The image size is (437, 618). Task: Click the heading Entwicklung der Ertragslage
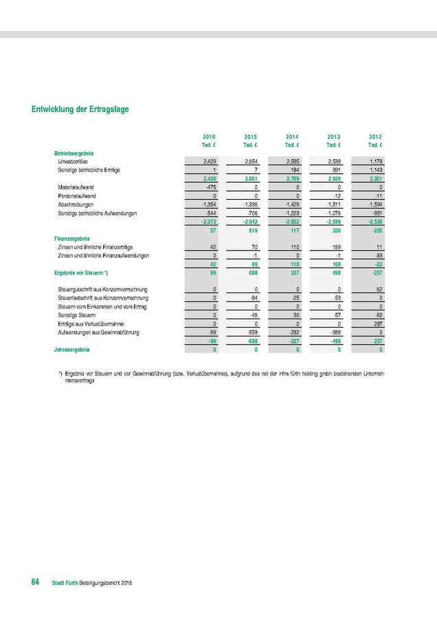[x=80, y=109]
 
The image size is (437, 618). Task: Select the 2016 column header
[x=210, y=137]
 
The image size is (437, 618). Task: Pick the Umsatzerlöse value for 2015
[x=249, y=160]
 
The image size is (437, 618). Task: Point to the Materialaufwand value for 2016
[x=211, y=187]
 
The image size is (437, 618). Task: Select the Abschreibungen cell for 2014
[x=293, y=205]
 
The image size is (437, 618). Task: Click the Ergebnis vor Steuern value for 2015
[x=251, y=273]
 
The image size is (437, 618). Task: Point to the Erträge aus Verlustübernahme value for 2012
[x=376, y=323]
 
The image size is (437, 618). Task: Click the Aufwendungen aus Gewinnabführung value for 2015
[x=251, y=332]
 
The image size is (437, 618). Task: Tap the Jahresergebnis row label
[x=72, y=350]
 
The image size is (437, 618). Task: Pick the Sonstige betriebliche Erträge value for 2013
[x=335, y=169]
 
